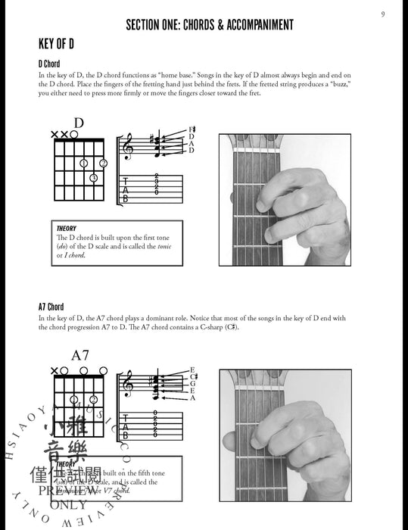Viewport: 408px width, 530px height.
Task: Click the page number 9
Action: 383,14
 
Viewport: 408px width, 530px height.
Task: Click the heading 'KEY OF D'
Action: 60,43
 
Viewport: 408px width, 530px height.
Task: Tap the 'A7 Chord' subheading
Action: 51,307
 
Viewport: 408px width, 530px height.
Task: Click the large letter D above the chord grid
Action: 79,123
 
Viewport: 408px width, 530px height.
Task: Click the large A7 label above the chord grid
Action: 80,354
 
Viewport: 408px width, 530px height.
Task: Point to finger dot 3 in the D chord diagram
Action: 93,178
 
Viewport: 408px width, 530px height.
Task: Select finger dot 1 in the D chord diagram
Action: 83,163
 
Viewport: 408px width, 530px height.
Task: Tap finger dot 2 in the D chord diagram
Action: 103,163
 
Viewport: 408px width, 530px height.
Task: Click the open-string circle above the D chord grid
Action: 73,135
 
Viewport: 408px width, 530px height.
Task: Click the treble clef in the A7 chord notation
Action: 128,384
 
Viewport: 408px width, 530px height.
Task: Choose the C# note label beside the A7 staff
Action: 193,376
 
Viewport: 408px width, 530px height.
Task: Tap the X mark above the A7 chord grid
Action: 54,371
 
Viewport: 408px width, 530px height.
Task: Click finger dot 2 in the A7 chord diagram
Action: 93,399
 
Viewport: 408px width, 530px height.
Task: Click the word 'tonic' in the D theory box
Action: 164,246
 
